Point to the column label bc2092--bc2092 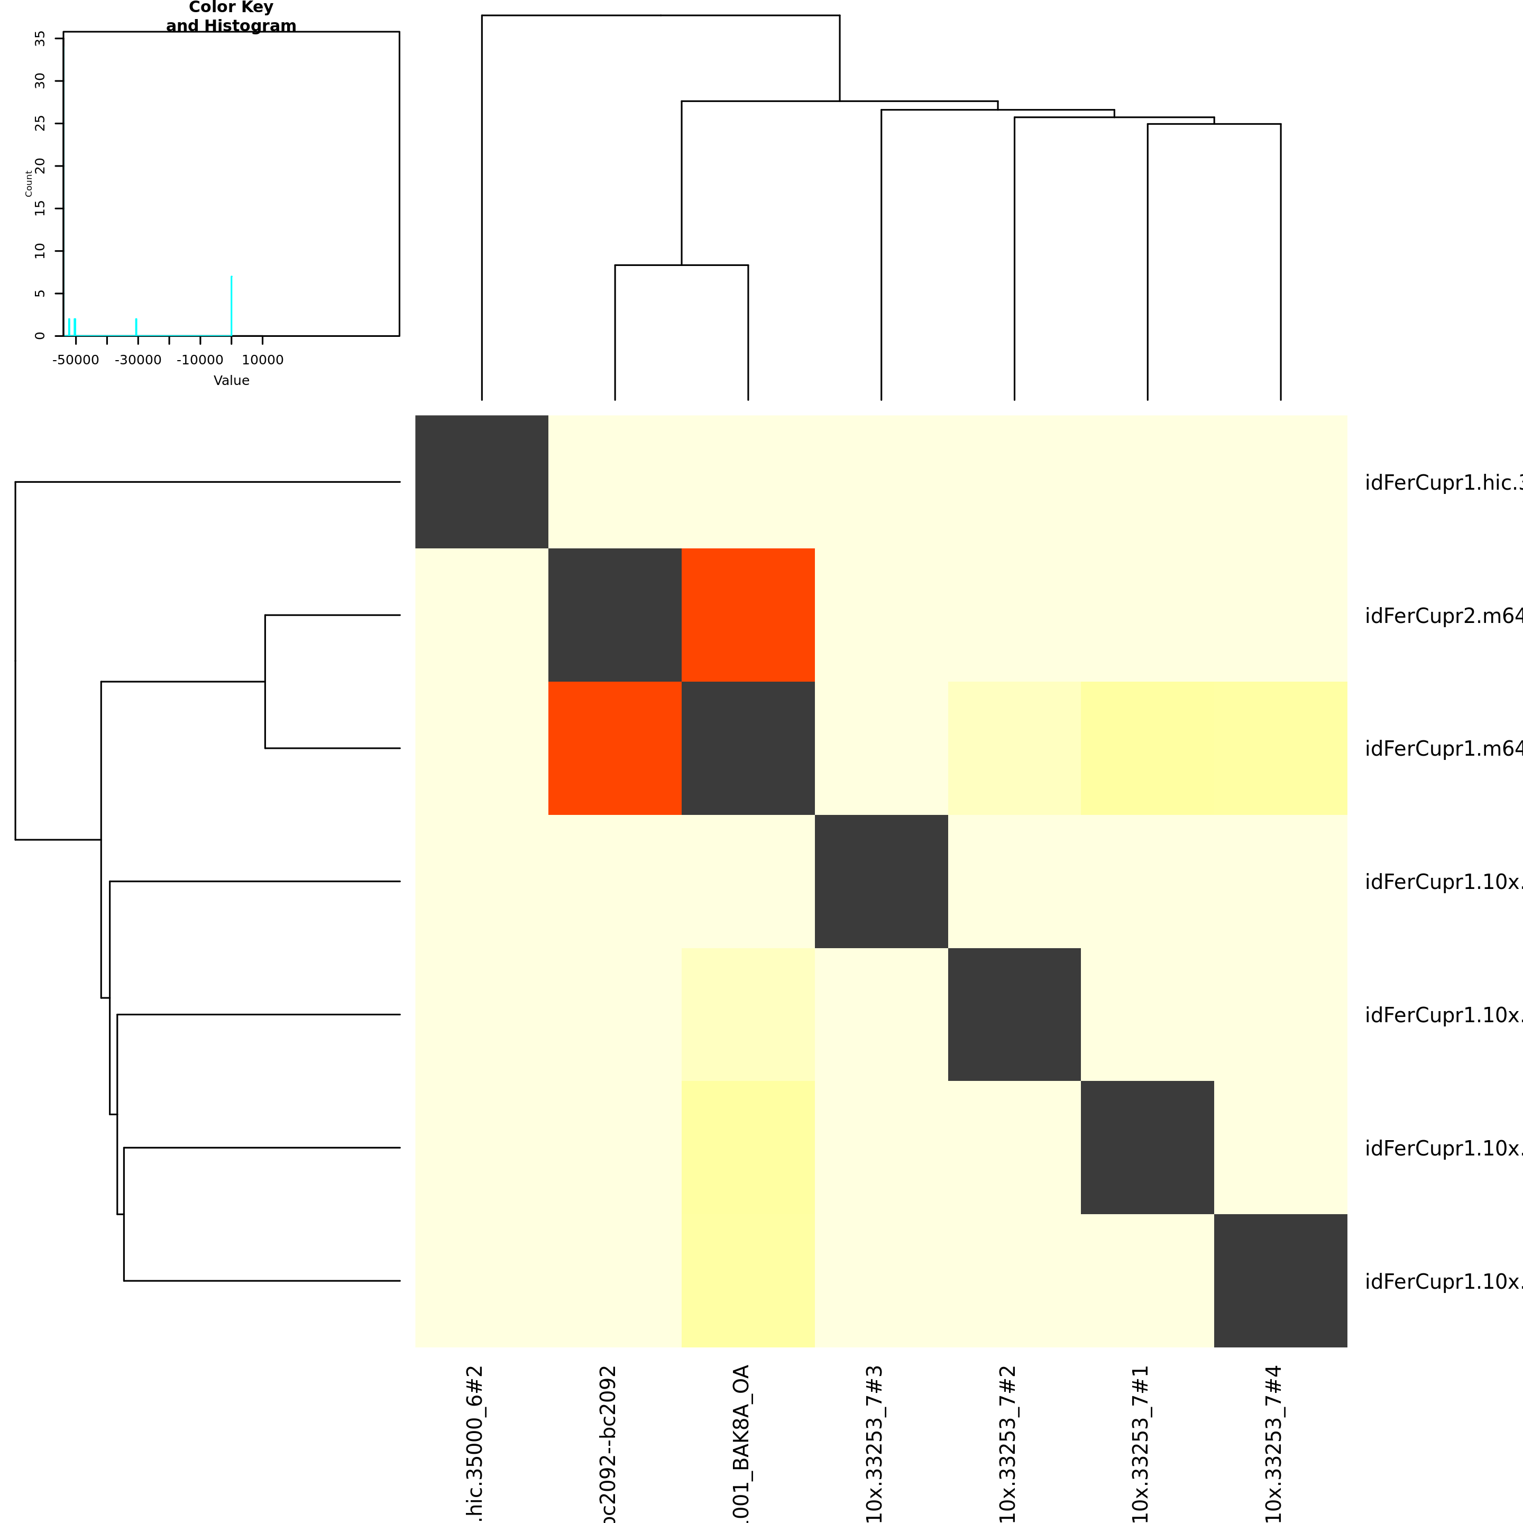(607, 1443)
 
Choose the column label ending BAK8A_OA (740, 1443)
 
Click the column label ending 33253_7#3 (874, 1443)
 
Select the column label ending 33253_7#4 (1273, 1443)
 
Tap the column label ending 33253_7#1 (1140, 1443)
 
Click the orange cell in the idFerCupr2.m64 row (748, 615)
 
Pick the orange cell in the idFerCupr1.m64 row (615, 748)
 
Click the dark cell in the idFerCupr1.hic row (482, 482)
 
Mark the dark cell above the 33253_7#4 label (1280, 1280)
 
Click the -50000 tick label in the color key (76, 360)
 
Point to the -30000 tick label (138, 360)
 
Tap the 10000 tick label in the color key (262, 360)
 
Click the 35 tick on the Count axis (40, 39)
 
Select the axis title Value (231, 381)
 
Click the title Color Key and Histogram (231, 16)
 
